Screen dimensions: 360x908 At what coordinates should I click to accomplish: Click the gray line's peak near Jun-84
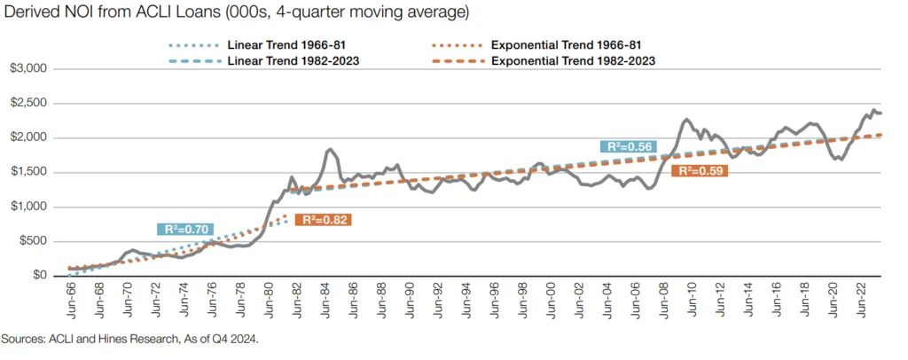tap(330, 149)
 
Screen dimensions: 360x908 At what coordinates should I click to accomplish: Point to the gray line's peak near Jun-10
tap(686, 119)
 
